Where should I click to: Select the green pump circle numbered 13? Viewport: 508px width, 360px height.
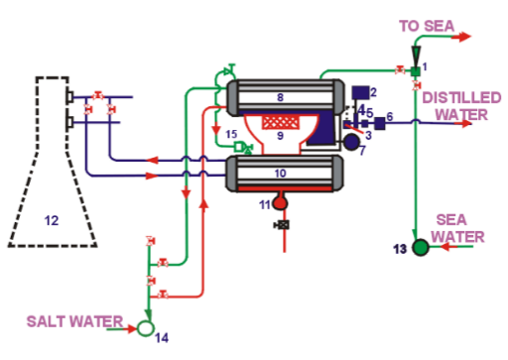(x=422, y=246)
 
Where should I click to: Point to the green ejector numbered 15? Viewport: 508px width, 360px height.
(x=240, y=148)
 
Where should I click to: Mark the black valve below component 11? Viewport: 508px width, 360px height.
(x=279, y=227)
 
